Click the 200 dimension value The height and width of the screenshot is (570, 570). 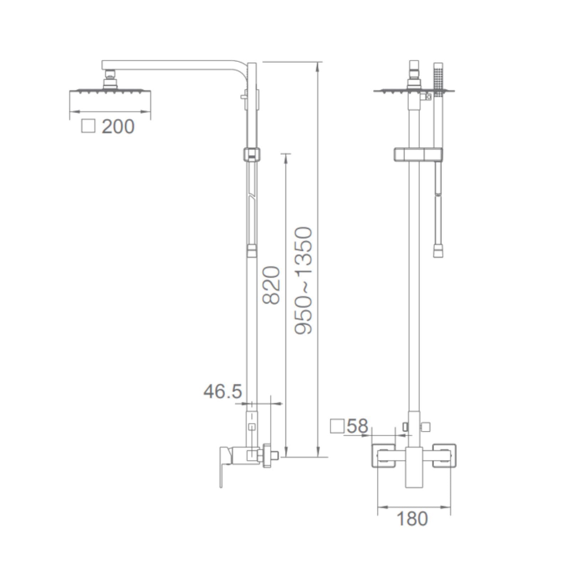118,126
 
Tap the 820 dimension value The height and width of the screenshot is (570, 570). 271,285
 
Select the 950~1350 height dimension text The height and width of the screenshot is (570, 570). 304,280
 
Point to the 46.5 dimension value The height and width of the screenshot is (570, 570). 223,392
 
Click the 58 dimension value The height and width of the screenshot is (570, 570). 357,426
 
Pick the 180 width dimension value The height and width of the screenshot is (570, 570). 412,519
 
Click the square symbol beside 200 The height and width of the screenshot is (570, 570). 88,126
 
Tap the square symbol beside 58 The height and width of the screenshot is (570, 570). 337,426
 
